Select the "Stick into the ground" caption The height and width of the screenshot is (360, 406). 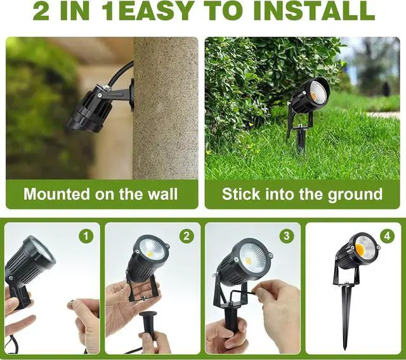click(x=302, y=194)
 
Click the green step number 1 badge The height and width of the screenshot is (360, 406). click(x=86, y=236)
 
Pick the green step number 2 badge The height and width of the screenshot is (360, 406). click(x=186, y=236)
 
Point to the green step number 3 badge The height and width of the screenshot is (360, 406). click(x=287, y=236)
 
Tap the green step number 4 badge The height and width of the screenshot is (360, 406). click(x=386, y=236)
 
